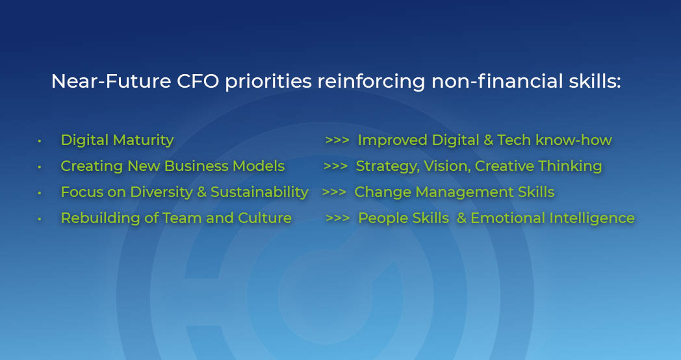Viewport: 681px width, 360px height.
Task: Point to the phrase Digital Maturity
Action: point(117,140)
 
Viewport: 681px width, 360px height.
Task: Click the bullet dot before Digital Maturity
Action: point(39,141)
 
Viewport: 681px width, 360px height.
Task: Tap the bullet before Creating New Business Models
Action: point(39,167)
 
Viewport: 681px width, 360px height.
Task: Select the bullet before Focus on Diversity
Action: point(39,193)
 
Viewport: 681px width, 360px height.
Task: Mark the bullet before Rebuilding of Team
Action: point(39,219)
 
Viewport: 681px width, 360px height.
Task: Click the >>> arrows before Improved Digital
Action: point(337,140)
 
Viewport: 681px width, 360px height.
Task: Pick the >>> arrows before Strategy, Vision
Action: point(335,166)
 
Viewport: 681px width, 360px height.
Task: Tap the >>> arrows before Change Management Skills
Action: point(334,192)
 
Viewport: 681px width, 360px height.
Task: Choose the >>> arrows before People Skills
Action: point(337,218)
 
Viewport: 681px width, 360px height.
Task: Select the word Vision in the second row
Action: point(448,166)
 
